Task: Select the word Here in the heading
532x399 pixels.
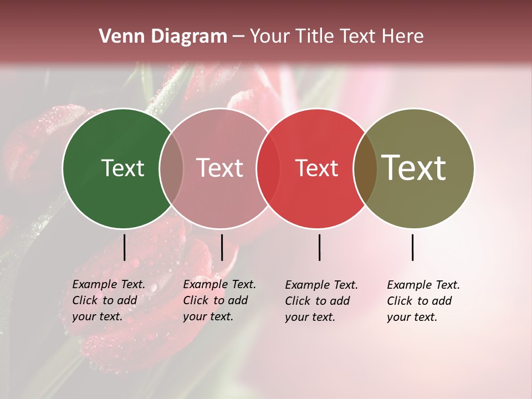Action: (403, 37)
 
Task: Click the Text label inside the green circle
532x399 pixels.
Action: (122, 168)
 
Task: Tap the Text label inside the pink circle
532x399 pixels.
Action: (219, 168)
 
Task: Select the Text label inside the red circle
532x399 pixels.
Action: (316, 168)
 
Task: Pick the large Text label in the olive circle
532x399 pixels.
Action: (414, 168)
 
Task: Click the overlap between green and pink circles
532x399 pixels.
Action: (171, 168)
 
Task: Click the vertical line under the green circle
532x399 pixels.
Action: (124, 247)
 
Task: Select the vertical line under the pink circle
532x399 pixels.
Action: (222, 247)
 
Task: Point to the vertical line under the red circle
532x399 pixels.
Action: (319, 247)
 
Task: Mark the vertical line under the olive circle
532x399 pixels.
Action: (412, 247)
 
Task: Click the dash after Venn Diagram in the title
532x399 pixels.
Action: (238, 37)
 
